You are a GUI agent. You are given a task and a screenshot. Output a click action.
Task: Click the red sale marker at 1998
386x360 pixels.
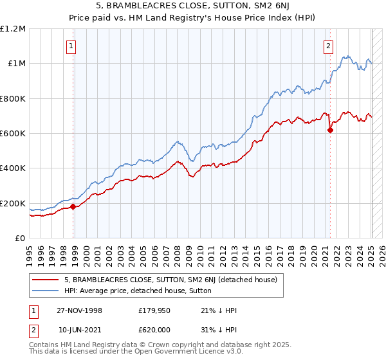click(x=73, y=206)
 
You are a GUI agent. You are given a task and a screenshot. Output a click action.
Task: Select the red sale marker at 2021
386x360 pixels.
click(x=331, y=130)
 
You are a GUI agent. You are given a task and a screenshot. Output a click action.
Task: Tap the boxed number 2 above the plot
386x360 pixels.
click(x=328, y=46)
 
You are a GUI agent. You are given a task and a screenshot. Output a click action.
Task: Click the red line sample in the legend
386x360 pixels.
click(x=46, y=280)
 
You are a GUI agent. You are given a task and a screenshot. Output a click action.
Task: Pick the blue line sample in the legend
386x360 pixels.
click(x=46, y=291)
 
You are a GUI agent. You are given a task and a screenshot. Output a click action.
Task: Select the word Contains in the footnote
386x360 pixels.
click(x=44, y=345)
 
